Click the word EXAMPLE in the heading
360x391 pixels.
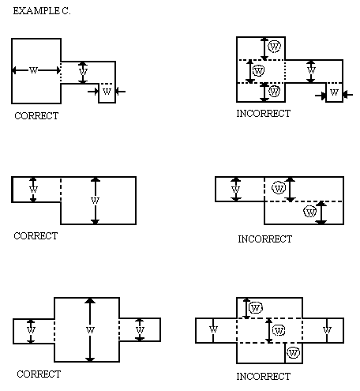tap(36, 11)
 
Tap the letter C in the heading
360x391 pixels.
tap(66, 11)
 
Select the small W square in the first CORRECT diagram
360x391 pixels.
tap(107, 93)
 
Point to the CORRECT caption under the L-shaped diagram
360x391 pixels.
tap(36, 235)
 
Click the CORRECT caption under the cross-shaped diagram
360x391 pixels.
tap(39, 374)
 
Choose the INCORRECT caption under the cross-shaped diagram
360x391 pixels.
tap(264, 376)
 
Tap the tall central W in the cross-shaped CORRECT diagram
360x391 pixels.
tap(90, 330)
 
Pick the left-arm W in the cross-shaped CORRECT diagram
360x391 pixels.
tap(31, 330)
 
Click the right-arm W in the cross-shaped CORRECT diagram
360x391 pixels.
tap(140, 330)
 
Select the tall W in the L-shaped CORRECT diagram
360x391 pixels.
tap(95, 201)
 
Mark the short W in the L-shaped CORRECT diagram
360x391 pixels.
tap(33, 189)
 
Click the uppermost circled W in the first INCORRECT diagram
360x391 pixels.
tap(275, 47)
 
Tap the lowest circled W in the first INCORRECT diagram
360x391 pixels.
tap(274, 92)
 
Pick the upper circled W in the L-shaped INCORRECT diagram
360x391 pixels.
tap(279, 188)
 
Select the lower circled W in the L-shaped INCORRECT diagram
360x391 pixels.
tap(310, 212)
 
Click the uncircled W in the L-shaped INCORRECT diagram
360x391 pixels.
tap(235, 190)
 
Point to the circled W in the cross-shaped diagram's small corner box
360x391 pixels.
tap(293, 352)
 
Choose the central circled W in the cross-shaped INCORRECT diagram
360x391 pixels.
tap(279, 330)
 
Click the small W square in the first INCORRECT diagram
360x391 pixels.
tap(335, 92)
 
